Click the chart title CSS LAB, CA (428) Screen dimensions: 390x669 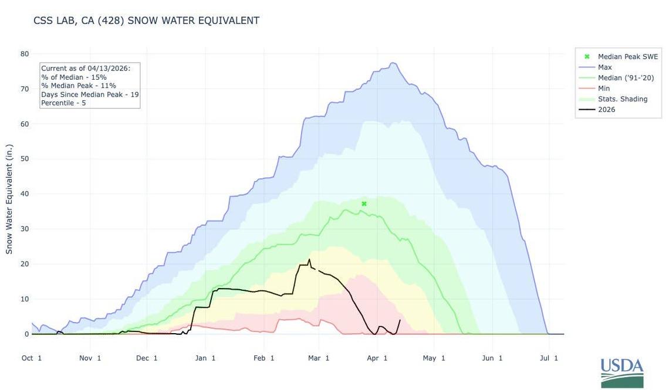coord(146,21)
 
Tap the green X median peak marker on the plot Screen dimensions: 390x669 coord(364,204)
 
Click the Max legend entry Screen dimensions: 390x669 coord(604,67)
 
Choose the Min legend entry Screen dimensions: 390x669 coord(604,89)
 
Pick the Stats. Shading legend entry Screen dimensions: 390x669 coord(622,99)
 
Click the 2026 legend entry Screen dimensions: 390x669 coord(606,110)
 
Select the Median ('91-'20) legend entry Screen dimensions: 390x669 coord(626,78)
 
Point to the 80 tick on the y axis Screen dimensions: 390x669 coord(25,54)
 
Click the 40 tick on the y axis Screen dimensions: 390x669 coord(25,194)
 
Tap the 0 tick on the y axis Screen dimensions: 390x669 coord(26,334)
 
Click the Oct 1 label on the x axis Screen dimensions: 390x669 coord(32,358)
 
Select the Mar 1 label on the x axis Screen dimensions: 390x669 coord(319,358)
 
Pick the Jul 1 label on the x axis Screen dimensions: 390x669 coord(548,358)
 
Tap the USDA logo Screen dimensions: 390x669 coord(621,372)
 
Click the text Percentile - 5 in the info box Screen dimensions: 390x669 coord(63,103)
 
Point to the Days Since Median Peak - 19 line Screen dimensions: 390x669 coord(90,94)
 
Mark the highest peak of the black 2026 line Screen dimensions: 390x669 coord(309,259)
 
